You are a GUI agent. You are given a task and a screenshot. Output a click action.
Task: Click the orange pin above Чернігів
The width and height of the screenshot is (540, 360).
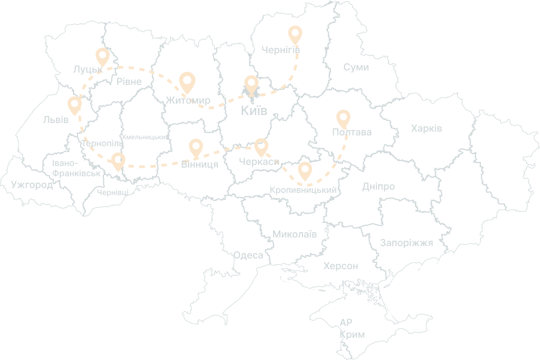tap(295, 34)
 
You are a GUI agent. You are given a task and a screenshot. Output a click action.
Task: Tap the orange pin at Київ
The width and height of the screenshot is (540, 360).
tap(251, 85)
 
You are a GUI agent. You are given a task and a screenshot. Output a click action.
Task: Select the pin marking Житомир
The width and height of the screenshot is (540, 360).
tap(187, 82)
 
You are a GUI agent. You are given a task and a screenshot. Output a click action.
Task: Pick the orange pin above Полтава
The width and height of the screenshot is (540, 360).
tap(343, 118)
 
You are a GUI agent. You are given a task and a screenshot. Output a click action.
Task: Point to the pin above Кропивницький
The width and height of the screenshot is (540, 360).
tap(305, 170)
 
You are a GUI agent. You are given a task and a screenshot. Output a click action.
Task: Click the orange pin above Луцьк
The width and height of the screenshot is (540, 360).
tap(102, 56)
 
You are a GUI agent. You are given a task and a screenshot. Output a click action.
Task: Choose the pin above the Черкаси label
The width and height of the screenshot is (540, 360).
tap(261, 147)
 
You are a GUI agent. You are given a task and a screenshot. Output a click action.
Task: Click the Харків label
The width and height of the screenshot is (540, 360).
tap(426, 129)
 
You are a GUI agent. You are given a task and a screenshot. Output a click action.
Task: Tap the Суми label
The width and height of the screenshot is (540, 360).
tap(356, 68)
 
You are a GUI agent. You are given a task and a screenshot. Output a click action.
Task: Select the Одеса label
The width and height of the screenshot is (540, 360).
tap(248, 255)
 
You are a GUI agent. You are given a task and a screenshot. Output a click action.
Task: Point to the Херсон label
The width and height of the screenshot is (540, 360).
tap(341, 266)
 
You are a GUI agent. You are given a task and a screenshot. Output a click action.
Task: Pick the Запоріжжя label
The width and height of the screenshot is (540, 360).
tap(406, 242)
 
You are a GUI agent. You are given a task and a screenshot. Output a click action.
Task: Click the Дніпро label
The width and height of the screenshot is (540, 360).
tap(378, 187)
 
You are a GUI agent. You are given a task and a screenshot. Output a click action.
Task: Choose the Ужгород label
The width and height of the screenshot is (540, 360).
tap(32, 185)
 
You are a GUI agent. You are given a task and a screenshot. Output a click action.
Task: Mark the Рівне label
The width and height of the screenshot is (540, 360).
tap(129, 82)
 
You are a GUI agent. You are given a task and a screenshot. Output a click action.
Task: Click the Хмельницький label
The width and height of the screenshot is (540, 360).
tap(145, 138)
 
